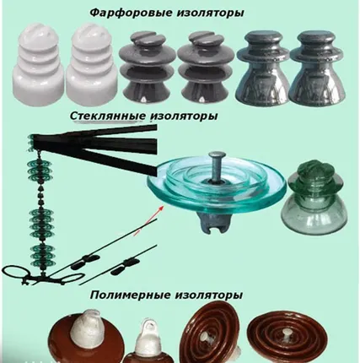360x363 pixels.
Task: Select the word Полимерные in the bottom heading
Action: coord(131,295)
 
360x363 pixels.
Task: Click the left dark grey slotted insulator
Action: coord(145,68)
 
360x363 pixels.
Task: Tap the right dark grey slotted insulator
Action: coord(204,68)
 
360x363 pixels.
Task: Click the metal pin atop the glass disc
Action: coord(216,167)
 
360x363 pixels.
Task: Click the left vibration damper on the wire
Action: coord(85,262)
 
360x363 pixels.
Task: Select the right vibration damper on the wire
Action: coord(126,268)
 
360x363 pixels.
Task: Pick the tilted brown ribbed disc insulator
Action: coord(213,335)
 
